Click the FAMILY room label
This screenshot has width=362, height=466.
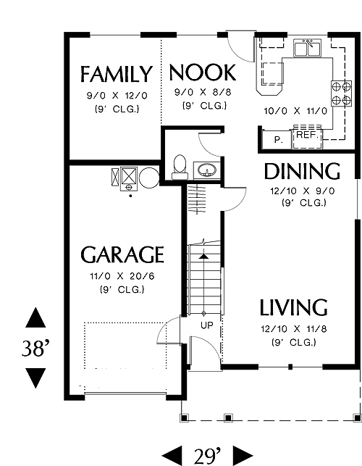117,74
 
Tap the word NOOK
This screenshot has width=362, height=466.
203,72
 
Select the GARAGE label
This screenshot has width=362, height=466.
122,254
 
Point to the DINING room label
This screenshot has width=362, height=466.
302,171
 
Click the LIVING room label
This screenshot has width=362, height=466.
294,307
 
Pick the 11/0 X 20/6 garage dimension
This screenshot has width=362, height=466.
122,276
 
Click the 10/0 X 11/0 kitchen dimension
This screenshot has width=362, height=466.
295,111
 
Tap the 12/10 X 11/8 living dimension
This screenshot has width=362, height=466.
294,329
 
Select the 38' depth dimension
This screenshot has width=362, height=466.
35,349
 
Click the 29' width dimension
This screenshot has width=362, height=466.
207,456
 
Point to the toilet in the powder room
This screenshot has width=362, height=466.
180,167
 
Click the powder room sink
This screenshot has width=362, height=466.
206,170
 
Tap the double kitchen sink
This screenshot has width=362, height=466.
308,48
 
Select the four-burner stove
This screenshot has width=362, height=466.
341,93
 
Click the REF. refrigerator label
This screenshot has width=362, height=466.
308,135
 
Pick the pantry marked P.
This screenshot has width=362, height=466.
277,139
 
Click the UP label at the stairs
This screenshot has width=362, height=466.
206,325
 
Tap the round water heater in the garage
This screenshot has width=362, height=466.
149,178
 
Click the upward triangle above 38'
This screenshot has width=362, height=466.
35,317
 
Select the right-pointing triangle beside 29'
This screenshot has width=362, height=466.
243,456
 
